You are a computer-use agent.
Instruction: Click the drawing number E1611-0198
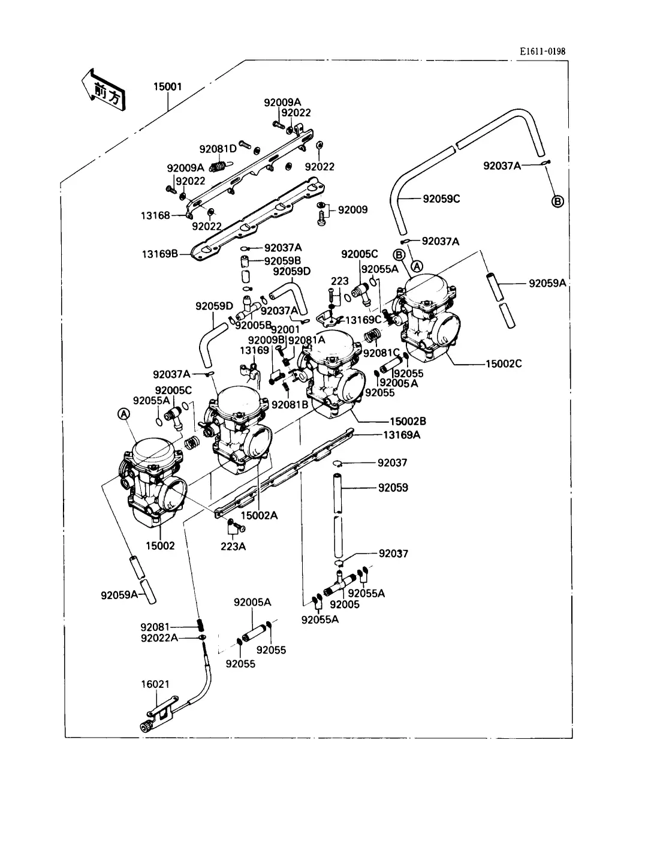point(543,52)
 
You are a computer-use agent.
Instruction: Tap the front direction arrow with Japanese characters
point(104,91)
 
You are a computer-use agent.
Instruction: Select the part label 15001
point(168,86)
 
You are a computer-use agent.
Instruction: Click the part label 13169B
point(159,254)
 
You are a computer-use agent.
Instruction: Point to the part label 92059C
point(441,199)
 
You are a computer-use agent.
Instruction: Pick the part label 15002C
point(504,364)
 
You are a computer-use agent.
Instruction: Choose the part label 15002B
point(408,422)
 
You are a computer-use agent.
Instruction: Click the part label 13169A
point(402,435)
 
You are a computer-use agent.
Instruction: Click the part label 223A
point(233,546)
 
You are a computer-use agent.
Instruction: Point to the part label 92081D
point(218,149)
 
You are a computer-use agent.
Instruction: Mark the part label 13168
point(155,215)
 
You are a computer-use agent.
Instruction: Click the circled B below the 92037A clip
point(557,202)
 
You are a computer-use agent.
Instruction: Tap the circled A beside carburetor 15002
point(123,414)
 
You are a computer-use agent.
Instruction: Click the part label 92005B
point(254,325)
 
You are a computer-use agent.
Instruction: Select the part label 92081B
point(290,405)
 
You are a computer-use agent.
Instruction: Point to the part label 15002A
point(259,516)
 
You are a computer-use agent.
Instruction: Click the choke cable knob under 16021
point(147,727)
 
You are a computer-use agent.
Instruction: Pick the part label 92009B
point(266,340)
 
